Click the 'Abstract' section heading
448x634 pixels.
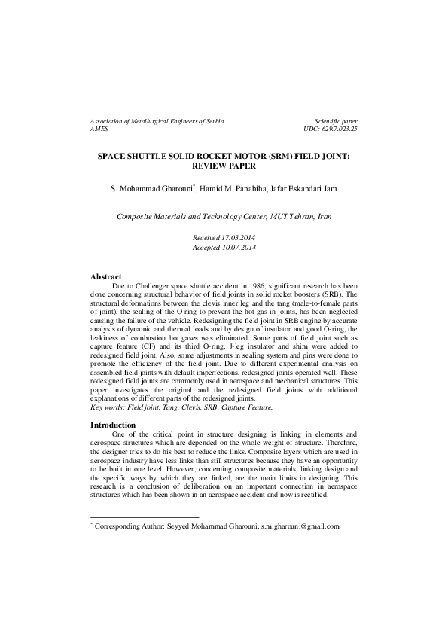point(106,278)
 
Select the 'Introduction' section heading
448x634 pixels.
point(113,447)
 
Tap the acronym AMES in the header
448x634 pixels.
point(99,130)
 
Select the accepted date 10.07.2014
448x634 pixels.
point(236,247)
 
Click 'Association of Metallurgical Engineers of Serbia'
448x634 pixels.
point(157,121)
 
